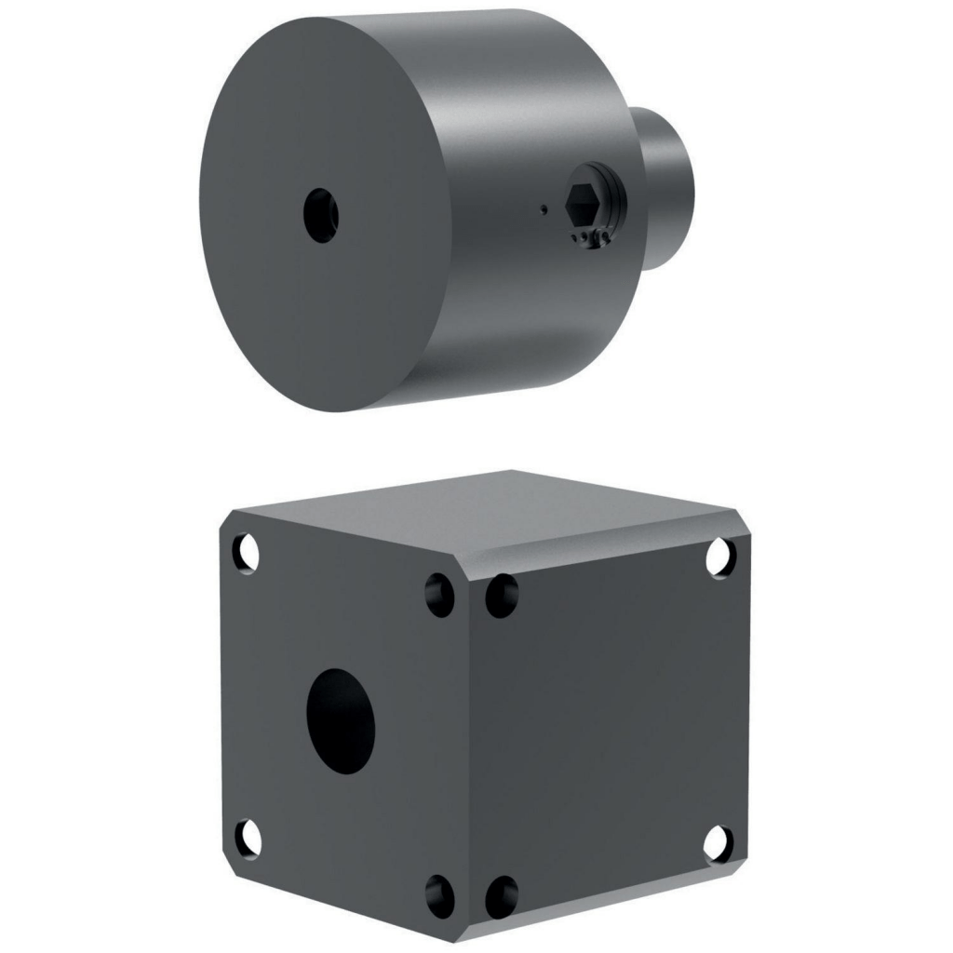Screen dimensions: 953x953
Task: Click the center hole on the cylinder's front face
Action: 321,216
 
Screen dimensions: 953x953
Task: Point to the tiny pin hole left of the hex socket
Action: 543,209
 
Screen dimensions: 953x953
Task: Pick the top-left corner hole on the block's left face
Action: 246,553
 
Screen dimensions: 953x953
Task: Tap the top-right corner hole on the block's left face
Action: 439,594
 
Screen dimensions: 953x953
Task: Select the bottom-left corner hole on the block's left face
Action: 247,837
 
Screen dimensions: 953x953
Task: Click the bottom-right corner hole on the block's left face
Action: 439,896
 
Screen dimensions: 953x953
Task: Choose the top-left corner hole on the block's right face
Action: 503,594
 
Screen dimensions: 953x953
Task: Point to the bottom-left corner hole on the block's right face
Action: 503,896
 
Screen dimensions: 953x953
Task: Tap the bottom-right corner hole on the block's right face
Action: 718,842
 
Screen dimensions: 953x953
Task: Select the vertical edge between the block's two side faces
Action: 471,745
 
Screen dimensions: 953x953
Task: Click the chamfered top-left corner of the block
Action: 229,521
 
